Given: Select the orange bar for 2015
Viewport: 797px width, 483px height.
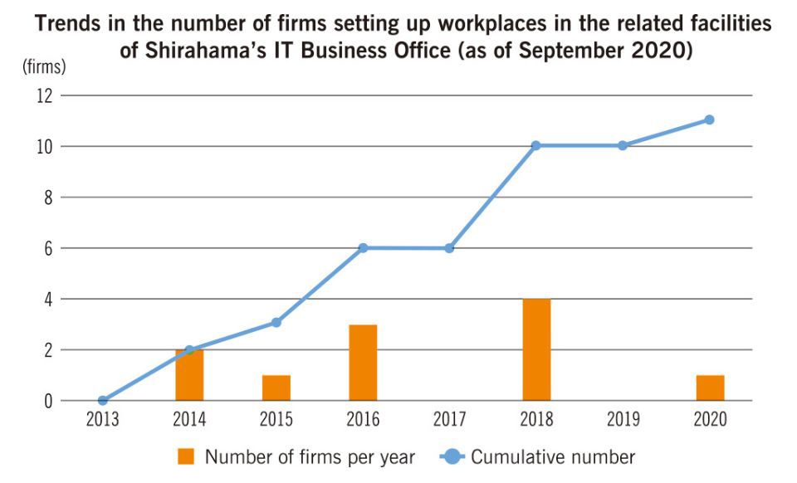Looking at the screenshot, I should [276, 388].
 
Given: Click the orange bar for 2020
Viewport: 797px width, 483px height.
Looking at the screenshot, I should [710, 388].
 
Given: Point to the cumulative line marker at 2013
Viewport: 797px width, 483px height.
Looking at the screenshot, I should [103, 401].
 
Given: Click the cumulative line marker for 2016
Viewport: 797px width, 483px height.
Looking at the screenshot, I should [363, 248].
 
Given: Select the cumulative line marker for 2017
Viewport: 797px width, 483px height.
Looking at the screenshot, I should [449, 248].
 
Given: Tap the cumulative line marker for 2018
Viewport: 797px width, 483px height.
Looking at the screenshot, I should [536, 145].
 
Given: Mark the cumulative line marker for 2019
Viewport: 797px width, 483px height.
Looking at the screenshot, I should [623, 145].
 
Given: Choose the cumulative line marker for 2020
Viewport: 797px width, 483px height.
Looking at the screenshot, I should [710, 120].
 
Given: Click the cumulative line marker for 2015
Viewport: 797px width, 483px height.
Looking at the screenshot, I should [276, 322].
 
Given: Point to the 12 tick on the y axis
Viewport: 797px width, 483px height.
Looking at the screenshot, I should [44, 95].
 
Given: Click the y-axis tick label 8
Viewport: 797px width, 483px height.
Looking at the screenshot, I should [48, 198].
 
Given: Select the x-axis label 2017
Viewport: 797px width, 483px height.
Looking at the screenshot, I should [449, 420].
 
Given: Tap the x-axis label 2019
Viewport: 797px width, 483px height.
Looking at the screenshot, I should [623, 420].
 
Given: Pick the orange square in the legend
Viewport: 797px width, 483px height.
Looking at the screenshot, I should [186, 456].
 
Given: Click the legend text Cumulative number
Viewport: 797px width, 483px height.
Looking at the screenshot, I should [553, 456].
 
